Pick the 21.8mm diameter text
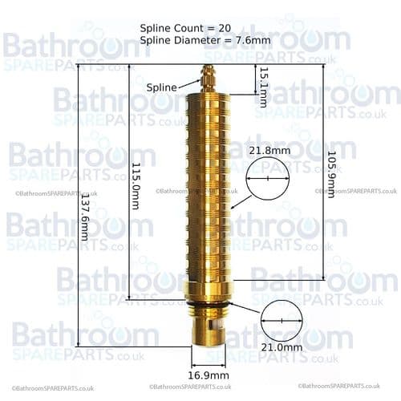(x=268, y=150)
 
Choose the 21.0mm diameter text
(x=283, y=347)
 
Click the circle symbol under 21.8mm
(x=267, y=177)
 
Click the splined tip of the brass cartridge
(x=210, y=78)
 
